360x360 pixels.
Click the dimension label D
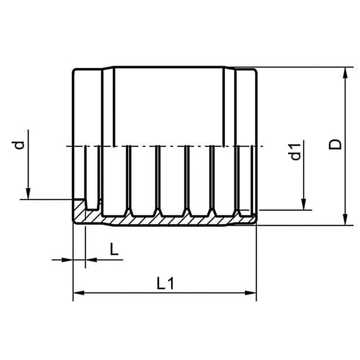coord(335,145)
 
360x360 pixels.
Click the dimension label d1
coord(296,151)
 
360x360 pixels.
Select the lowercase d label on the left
coord(19,145)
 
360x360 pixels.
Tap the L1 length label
coord(165,283)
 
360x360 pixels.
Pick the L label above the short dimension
coord(114,249)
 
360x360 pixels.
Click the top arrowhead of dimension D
coord(345,73)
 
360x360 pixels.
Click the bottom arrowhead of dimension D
coord(345,220)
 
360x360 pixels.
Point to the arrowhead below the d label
coord(28,193)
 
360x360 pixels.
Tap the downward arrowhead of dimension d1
coord(304,204)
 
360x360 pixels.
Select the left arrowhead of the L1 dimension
coord(79,293)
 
